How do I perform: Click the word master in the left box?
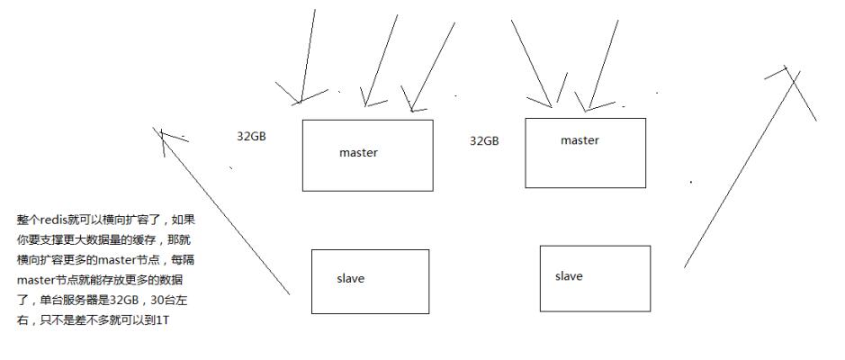pyautogui.click(x=358, y=153)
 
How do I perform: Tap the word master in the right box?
pyautogui.click(x=580, y=140)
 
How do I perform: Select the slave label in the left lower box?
pyautogui.click(x=350, y=279)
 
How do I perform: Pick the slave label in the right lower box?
pyautogui.click(x=569, y=276)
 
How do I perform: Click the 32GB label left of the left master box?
pyautogui.click(x=251, y=137)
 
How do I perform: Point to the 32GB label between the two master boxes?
pyautogui.click(x=484, y=141)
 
